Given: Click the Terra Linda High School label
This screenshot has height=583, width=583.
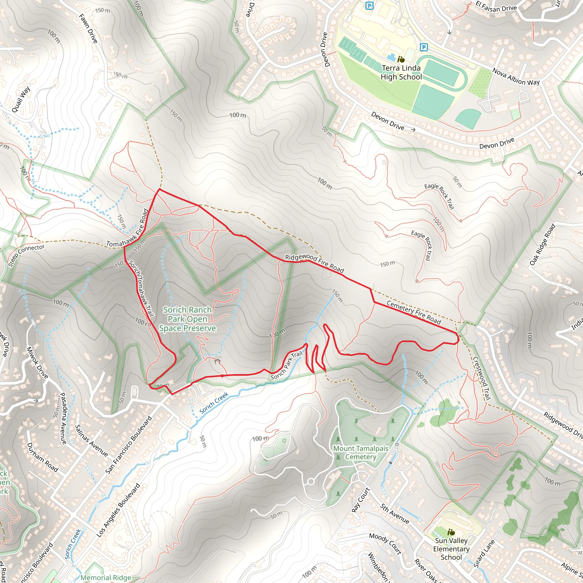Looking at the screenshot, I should (401, 73).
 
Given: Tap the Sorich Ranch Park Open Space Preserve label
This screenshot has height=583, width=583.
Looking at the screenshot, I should (187, 319).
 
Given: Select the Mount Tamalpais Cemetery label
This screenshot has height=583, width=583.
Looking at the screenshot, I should (361, 453).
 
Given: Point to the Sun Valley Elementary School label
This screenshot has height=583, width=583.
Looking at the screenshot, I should (451, 549).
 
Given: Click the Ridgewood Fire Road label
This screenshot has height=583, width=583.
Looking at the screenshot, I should (315, 263).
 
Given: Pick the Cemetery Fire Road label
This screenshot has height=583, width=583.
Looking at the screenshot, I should (414, 312).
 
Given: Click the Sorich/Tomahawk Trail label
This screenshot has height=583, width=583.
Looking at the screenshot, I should (141, 288).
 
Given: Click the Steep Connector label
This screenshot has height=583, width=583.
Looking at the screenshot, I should (26, 255).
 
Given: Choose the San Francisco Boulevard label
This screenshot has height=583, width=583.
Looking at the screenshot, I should (129, 446).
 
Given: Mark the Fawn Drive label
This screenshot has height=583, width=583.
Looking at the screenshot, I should (89, 29).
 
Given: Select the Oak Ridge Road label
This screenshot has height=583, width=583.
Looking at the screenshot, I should (543, 245).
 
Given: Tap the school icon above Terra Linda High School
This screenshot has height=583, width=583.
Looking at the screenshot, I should (401, 59).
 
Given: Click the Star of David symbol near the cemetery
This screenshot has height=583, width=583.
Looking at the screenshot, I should (284, 441).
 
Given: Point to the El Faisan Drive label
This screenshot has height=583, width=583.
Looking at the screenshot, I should (496, 7).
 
